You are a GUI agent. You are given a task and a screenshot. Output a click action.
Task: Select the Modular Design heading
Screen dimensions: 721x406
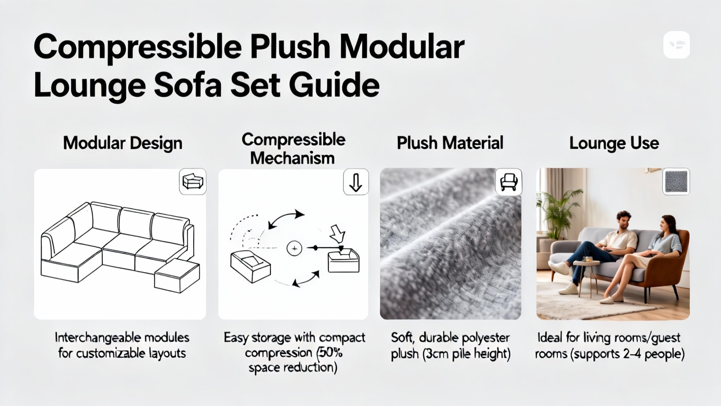pos(123,143)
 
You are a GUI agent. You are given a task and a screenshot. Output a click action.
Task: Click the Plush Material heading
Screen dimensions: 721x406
pos(450,143)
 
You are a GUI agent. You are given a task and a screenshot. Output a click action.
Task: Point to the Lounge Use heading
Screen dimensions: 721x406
pos(614,143)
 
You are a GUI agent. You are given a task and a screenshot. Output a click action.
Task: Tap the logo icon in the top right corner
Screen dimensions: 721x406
pos(676,45)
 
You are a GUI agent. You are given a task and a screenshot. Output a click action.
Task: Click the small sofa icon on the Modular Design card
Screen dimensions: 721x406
pos(193,181)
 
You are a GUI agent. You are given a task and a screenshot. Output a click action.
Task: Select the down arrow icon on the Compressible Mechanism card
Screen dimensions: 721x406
pos(356,182)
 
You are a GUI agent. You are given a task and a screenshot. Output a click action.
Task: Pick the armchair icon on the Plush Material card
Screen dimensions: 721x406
pos(509,182)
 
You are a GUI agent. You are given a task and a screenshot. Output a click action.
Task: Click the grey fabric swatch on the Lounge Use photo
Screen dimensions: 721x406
pos(676,181)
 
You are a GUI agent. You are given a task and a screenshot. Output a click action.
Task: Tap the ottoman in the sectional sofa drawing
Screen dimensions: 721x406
pos(177,276)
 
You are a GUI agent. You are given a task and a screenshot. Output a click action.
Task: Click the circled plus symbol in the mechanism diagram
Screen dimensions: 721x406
pos(294,249)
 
